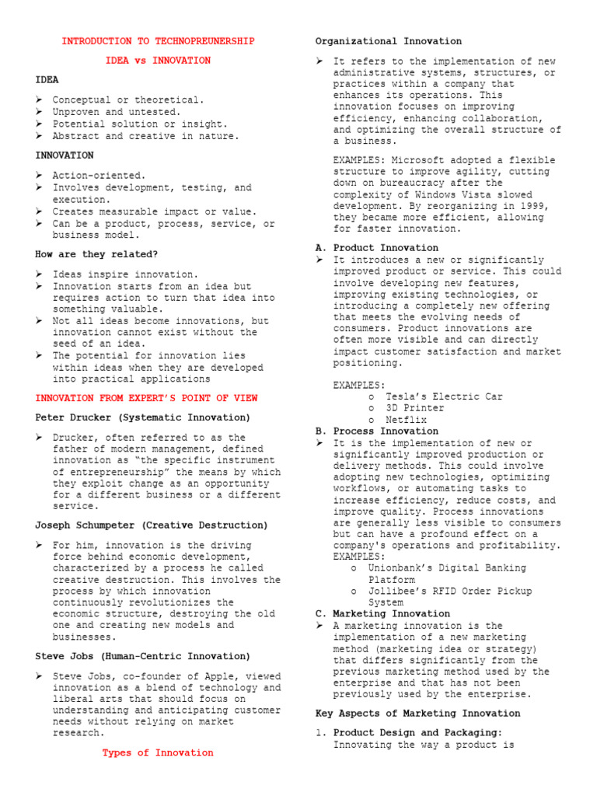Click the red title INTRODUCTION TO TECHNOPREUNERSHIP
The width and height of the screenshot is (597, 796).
click(158, 41)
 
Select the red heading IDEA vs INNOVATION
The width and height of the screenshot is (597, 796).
click(158, 60)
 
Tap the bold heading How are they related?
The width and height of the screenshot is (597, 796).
click(96, 254)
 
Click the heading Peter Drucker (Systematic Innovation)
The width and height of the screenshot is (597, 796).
click(143, 417)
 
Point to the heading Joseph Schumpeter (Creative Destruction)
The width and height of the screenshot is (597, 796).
click(152, 525)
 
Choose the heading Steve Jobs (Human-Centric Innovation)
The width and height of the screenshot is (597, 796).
click(143, 657)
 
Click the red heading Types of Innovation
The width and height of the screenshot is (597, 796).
click(158, 752)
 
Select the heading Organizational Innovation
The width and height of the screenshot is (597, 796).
click(388, 41)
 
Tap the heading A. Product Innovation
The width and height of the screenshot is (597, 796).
click(377, 248)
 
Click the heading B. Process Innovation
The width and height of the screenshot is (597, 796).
click(377, 431)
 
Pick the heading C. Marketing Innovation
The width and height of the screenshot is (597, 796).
click(382, 613)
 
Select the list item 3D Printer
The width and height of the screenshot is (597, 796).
click(415, 408)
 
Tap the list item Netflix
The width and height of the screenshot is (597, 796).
click(407, 420)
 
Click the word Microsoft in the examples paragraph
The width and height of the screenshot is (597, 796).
click(427, 159)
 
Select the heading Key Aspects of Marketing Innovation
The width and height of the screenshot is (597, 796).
click(418, 713)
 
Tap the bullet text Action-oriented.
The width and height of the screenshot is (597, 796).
click(99, 176)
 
